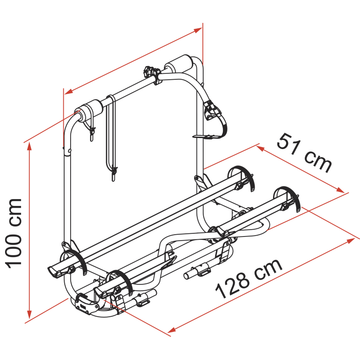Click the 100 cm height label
point(14,233)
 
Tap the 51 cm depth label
point(304,153)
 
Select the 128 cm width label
point(249,278)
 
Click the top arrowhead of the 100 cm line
point(29,146)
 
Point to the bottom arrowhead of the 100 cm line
point(29,314)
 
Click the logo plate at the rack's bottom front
point(87,304)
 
